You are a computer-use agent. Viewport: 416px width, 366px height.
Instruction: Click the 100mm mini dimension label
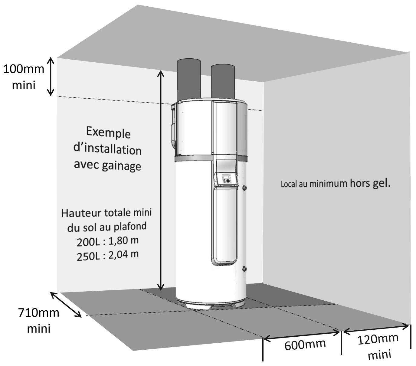click(24, 77)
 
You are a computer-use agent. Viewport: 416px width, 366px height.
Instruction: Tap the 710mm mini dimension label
click(39, 320)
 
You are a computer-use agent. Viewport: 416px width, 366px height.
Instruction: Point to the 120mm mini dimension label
click(378, 347)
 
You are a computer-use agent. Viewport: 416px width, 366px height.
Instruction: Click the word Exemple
click(108, 132)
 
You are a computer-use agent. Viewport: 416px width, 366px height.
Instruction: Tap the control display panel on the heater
click(226, 179)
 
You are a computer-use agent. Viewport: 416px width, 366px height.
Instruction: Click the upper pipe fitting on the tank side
click(244, 188)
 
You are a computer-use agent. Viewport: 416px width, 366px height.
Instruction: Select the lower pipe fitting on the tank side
click(244, 269)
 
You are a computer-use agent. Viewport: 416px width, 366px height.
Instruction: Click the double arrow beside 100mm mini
click(51, 77)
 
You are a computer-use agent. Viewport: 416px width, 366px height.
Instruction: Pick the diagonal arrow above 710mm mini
click(66, 305)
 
